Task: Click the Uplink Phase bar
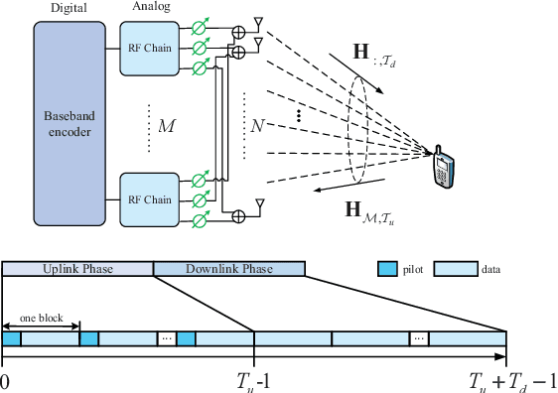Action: (x=77, y=269)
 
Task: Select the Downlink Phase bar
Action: (x=229, y=269)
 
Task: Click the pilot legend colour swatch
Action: (x=389, y=269)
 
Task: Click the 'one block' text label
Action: (x=42, y=318)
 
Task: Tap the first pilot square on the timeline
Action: (x=12, y=339)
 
